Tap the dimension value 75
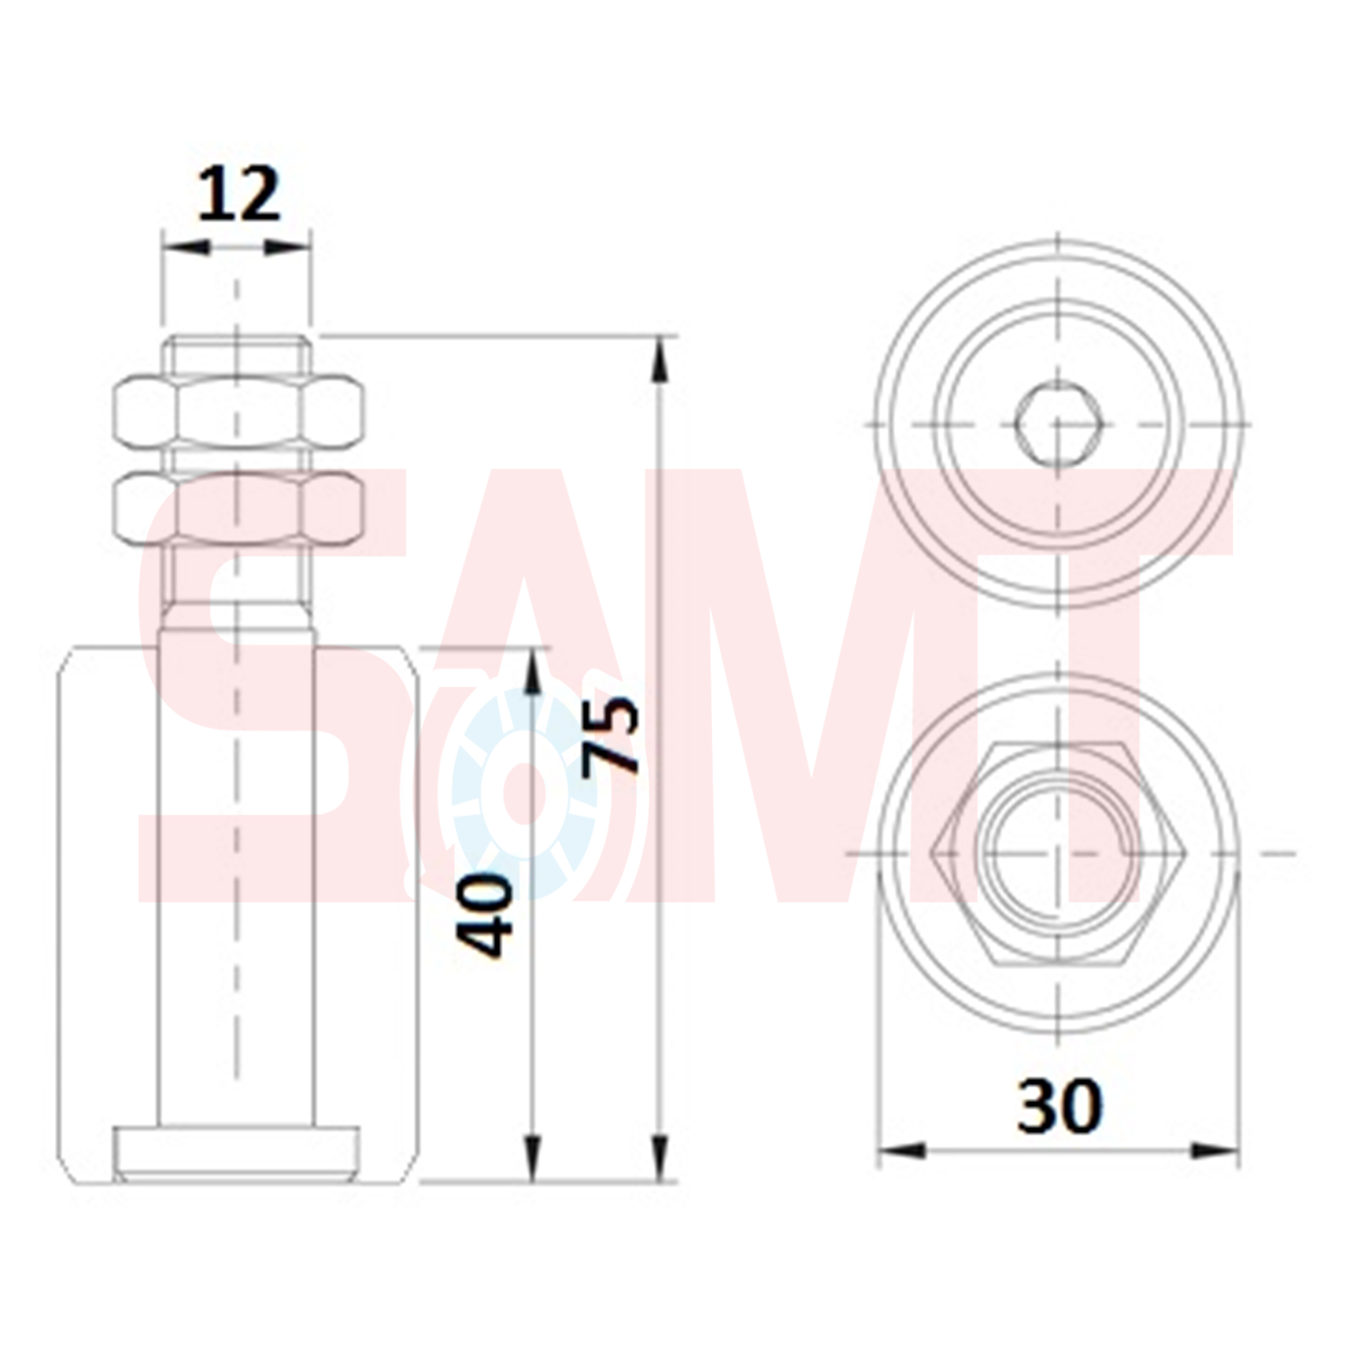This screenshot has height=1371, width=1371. [x=611, y=734]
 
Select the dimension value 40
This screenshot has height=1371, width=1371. [x=484, y=914]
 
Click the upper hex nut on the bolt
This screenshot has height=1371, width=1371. [x=239, y=414]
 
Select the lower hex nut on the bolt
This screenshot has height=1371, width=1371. [x=239, y=510]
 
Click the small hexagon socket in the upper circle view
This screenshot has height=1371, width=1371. [x=1059, y=424]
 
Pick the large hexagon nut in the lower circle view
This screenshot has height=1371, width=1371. [x=1059, y=853]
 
